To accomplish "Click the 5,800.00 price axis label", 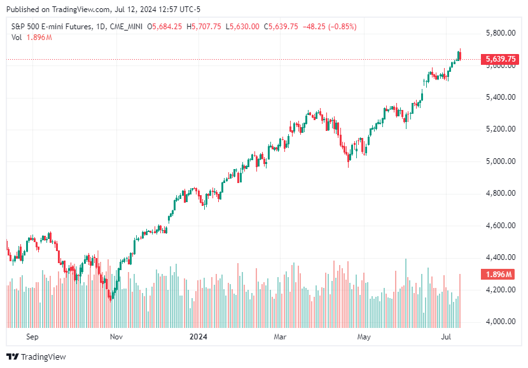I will pyautogui.click(x=499, y=33).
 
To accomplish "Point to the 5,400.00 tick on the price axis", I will pyautogui.click(x=499, y=97).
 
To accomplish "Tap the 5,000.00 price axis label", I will pyautogui.click(x=499, y=161).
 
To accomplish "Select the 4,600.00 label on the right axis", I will pyautogui.click(x=499, y=226).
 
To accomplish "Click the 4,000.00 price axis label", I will pyautogui.click(x=499, y=322).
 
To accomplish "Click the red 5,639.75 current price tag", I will pyautogui.click(x=500, y=59).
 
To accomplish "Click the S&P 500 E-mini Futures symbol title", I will pyautogui.click(x=48, y=27).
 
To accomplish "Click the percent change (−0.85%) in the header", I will pyautogui.click(x=338, y=27).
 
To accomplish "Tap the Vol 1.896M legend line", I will pyautogui.click(x=31, y=37).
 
